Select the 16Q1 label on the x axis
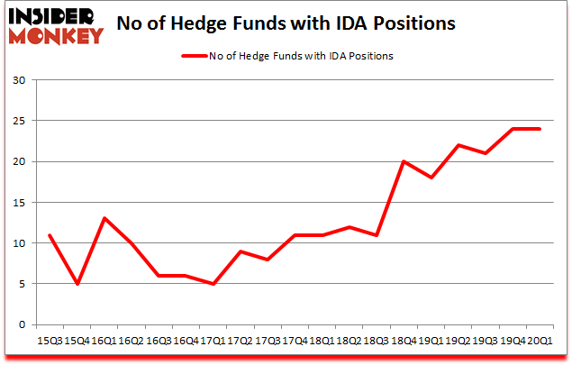pyautogui.click(x=106, y=340)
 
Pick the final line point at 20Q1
pyautogui.click(x=539, y=129)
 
